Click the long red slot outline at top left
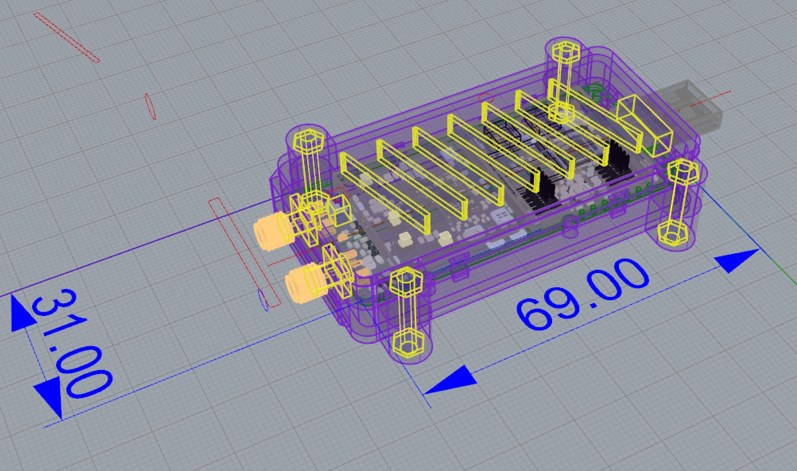[x=66, y=37]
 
